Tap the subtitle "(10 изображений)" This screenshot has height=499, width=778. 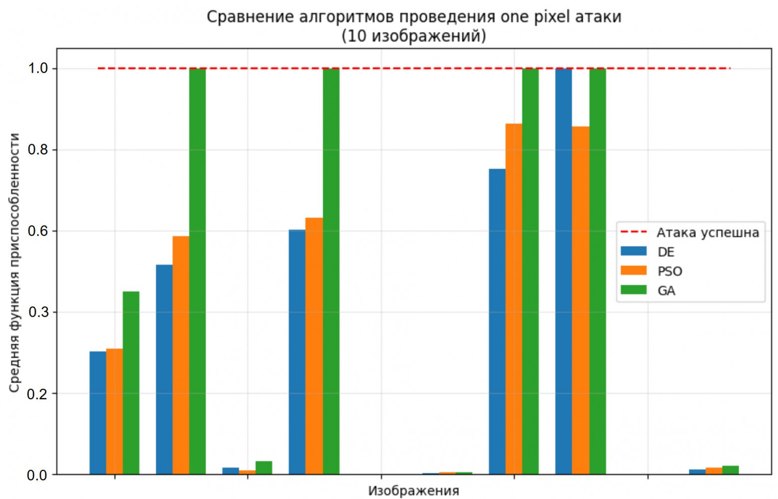(413, 36)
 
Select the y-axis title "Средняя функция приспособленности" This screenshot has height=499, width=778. (14, 262)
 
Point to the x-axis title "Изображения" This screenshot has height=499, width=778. (413, 491)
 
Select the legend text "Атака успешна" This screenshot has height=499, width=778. (708, 233)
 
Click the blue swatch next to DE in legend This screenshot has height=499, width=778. (633, 251)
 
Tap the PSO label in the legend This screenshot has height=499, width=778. (669, 271)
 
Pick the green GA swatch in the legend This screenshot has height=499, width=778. (633, 290)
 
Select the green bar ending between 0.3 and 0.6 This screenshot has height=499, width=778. (131, 383)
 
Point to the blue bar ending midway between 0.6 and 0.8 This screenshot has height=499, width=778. (497, 321)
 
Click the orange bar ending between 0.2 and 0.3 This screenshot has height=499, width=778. (114, 411)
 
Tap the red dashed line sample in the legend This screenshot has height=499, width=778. (633, 232)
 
